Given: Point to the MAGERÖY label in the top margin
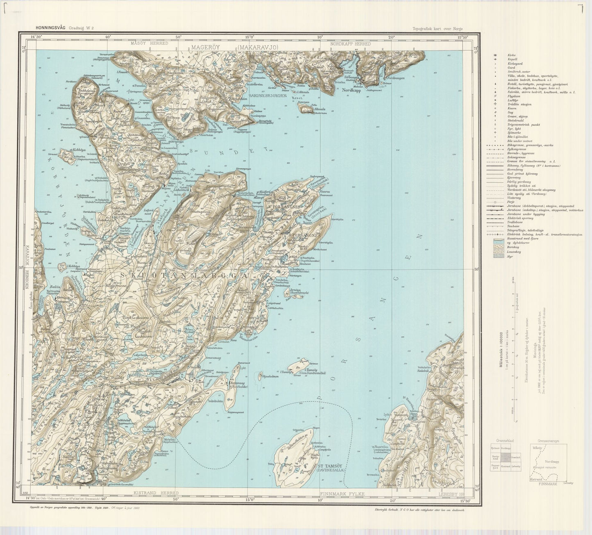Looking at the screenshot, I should (206, 48).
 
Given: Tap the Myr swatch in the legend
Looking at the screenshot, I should (497, 256).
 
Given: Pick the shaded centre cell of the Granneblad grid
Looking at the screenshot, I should (506, 458).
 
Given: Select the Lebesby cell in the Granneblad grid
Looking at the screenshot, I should (516, 467).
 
